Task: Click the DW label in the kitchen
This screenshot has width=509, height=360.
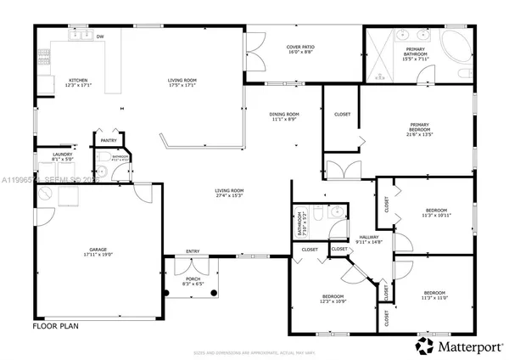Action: coord(100,37)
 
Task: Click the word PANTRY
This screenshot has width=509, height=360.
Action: coord(108,140)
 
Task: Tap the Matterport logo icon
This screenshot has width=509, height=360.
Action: coord(422,345)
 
